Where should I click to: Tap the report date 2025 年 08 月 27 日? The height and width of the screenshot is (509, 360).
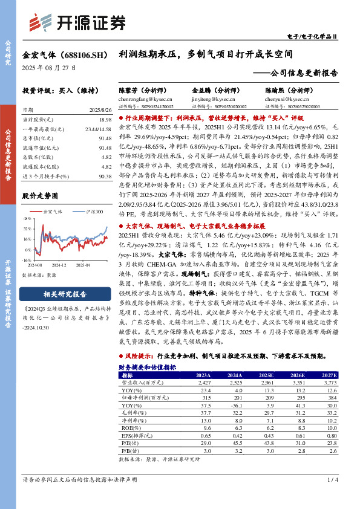[x=49, y=68]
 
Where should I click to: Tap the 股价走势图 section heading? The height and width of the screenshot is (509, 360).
[x=40, y=196]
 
